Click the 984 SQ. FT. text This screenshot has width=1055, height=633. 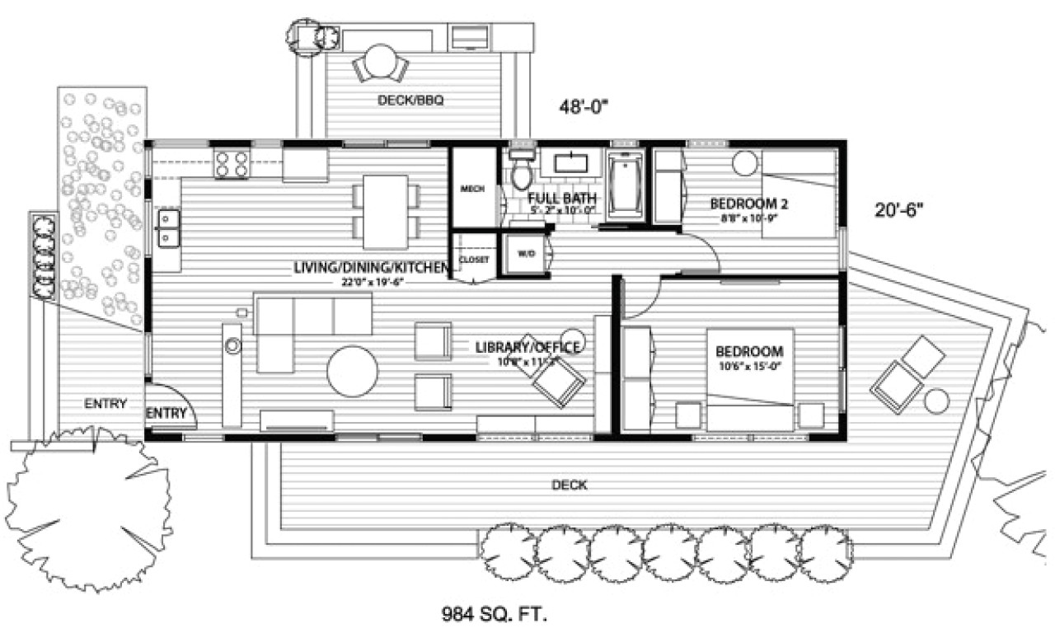point(495,614)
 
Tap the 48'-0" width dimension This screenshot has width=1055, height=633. point(583,107)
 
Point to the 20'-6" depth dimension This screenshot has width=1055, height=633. point(898,209)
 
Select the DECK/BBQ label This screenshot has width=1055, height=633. point(410,101)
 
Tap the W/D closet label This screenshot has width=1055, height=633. point(526,254)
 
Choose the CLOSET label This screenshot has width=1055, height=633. point(474,260)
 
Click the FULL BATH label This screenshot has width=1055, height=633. point(562,198)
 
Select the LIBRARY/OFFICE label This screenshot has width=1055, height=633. point(529,346)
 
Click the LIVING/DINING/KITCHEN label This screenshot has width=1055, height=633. point(371,268)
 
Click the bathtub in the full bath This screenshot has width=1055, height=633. point(628,185)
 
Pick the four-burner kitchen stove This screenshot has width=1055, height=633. point(232,162)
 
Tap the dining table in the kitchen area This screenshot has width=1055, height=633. point(386,211)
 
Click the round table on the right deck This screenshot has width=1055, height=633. point(936,401)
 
